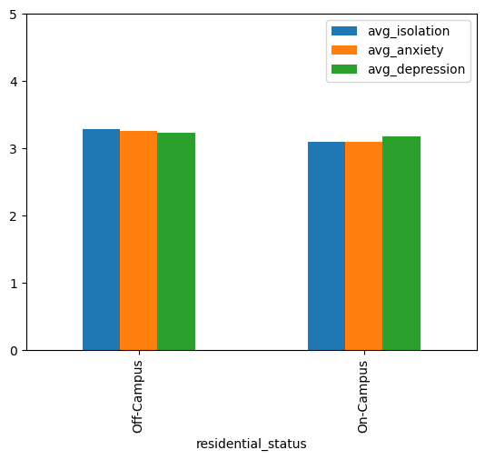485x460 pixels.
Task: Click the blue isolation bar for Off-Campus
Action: (x=101, y=240)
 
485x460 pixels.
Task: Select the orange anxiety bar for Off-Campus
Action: (x=139, y=241)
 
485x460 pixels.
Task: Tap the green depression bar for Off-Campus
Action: (x=176, y=242)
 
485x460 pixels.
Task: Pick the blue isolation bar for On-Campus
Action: (x=326, y=246)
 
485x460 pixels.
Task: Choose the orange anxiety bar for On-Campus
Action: (x=363, y=246)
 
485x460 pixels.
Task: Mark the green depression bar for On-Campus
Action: (x=401, y=244)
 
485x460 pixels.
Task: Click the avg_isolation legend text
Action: (x=409, y=32)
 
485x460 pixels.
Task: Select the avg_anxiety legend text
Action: (x=405, y=51)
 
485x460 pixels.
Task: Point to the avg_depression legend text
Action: (x=416, y=69)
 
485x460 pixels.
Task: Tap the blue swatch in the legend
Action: (x=344, y=31)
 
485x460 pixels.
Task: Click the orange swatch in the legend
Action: (x=344, y=50)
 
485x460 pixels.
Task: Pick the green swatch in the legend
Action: (x=344, y=69)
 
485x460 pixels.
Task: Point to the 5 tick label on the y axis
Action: (x=14, y=15)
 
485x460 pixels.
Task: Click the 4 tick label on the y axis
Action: (x=14, y=82)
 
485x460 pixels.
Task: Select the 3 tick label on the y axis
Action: (x=14, y=149)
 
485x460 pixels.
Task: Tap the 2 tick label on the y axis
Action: (x=14, y=216)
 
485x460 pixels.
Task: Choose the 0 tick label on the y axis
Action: (x=14, y=351)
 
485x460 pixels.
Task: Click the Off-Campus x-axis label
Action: (x=137, y=396)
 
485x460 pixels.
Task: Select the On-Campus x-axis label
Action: (x=362, y=396)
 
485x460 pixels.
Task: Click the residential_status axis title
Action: (x=252, y=445)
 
